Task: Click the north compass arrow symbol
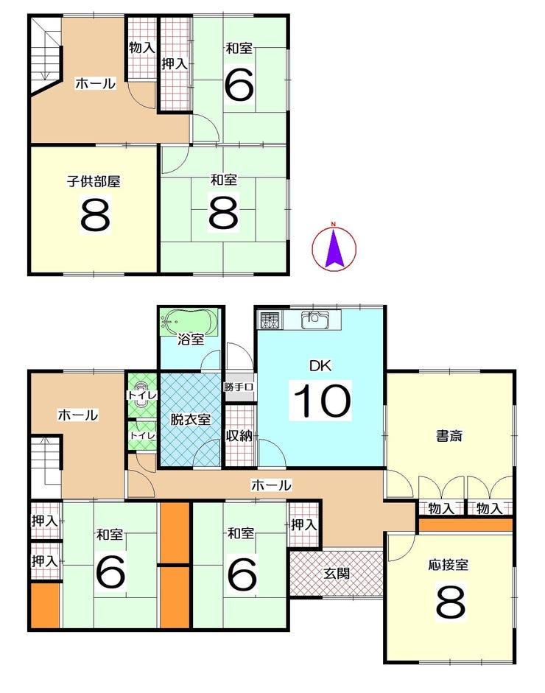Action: (334, 247)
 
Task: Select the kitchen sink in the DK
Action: (314, 320)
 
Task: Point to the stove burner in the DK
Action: (270, 320)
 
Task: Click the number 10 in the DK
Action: (321, 401)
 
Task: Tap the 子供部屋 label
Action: (94, 181)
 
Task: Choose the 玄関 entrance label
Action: (337, 573)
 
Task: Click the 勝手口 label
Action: (238, 387)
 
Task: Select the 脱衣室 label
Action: (191, 419)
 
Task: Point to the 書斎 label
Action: (449, 436)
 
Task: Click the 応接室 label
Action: (449, 564)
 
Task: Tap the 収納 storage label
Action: (239, 436)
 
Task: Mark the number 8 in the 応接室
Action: (451, 602)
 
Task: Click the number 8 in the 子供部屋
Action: (96, 214)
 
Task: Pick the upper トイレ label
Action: (141, 395)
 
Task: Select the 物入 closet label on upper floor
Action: (142, 47)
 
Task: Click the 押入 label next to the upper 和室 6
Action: (175, 64)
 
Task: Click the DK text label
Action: (320, 366)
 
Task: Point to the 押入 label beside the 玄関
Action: (303, 524)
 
